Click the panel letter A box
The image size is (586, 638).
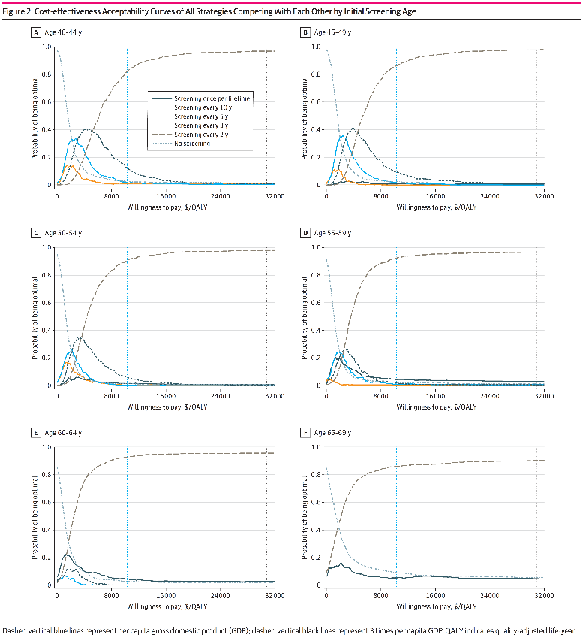point(35,33)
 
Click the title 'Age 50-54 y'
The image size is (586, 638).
point(62,233)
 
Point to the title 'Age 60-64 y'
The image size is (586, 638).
point(62,433)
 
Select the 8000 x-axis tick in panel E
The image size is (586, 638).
point(111,596)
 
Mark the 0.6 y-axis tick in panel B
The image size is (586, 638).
point(316,101)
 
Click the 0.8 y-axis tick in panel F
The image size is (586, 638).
point(316,474)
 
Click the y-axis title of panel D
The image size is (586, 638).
point(302,316)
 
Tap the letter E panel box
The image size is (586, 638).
point(35,433)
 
